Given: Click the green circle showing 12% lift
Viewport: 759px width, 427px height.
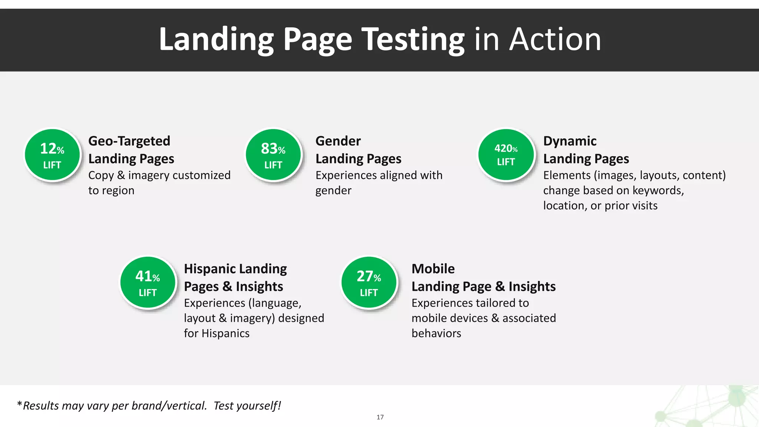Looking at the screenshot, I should pos(52,155).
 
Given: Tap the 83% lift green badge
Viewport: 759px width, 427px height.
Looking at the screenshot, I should pos(274,155).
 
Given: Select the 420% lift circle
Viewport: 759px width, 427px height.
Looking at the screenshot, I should pos(506,155).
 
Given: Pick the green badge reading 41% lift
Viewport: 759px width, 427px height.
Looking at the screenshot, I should pos(148,282).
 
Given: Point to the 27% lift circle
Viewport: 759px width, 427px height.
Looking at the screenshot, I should pos(369,282).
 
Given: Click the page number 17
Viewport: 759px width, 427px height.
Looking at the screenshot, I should pos(380,417).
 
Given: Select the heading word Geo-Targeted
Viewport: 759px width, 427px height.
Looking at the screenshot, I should pos(129,141).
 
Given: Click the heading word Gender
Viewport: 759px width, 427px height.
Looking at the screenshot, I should pos(338,141).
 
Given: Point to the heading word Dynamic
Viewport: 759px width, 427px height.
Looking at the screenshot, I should pos(570,141).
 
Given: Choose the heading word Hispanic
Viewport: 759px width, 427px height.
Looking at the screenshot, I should pos(209,269).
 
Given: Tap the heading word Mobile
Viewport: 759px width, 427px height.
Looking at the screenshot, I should pos(433,269).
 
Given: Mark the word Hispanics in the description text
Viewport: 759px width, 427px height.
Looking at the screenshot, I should pos(225,334).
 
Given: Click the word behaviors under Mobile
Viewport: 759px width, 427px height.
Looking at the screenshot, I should pos(436,334).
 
